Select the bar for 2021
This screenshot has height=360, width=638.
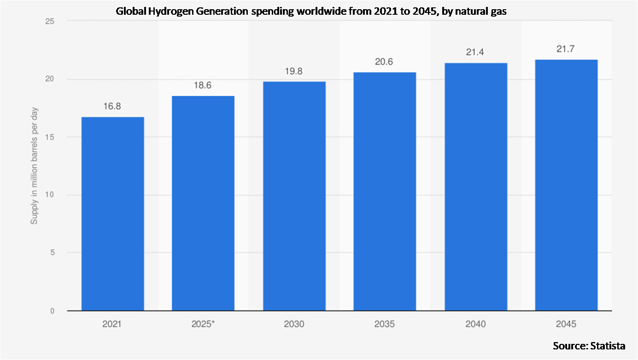point(112,214)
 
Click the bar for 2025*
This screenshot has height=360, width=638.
point(203,203)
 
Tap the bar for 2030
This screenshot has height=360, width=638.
point(294,196)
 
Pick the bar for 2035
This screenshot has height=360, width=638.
point(385,192)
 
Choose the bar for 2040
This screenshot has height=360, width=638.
point(475,187)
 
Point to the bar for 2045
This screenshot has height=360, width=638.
point(566,185)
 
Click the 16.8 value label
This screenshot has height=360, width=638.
point(112,107)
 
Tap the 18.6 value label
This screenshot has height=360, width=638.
point(203,86)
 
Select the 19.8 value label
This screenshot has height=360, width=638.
point(294,71)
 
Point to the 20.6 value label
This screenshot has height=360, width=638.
point(385,62)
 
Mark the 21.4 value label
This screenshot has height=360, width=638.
point(475,53)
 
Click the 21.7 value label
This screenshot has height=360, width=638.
point(566,49)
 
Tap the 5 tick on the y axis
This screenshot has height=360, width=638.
point(52,253)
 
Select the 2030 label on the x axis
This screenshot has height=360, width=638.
point(294,324)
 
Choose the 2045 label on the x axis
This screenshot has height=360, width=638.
point(566,324)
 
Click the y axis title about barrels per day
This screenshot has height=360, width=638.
point(35,166)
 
